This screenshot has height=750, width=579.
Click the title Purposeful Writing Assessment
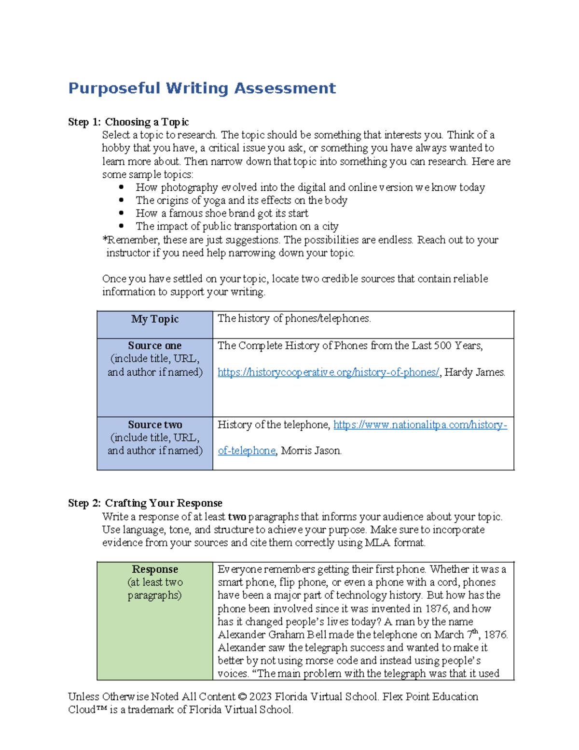(x=202, y=88)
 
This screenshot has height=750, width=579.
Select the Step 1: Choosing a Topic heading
(x=128, y=122)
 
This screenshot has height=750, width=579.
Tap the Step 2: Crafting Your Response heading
(x=145, y=503)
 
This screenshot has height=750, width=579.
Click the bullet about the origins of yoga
(x=241, y=200)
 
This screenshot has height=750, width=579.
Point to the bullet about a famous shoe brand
(x=222, y=213)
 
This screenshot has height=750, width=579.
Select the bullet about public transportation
(x=237, y=226)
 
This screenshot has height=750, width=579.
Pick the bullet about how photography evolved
(x=310, y=187)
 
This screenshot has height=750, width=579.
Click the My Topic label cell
(x=155, y=319)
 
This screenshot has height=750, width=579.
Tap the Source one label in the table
(x=155, y=346)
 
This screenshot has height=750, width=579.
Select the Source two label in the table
(x=155, y=425)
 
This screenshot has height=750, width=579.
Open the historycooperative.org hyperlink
(x=328, y=372)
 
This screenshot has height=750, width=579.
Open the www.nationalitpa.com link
(x=420, y=425)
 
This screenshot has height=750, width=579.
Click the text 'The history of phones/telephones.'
(x=294, y=319)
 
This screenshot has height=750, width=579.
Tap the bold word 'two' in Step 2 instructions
(x=237, y=517)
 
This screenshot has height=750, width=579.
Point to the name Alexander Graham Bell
(x=266, y=635)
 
